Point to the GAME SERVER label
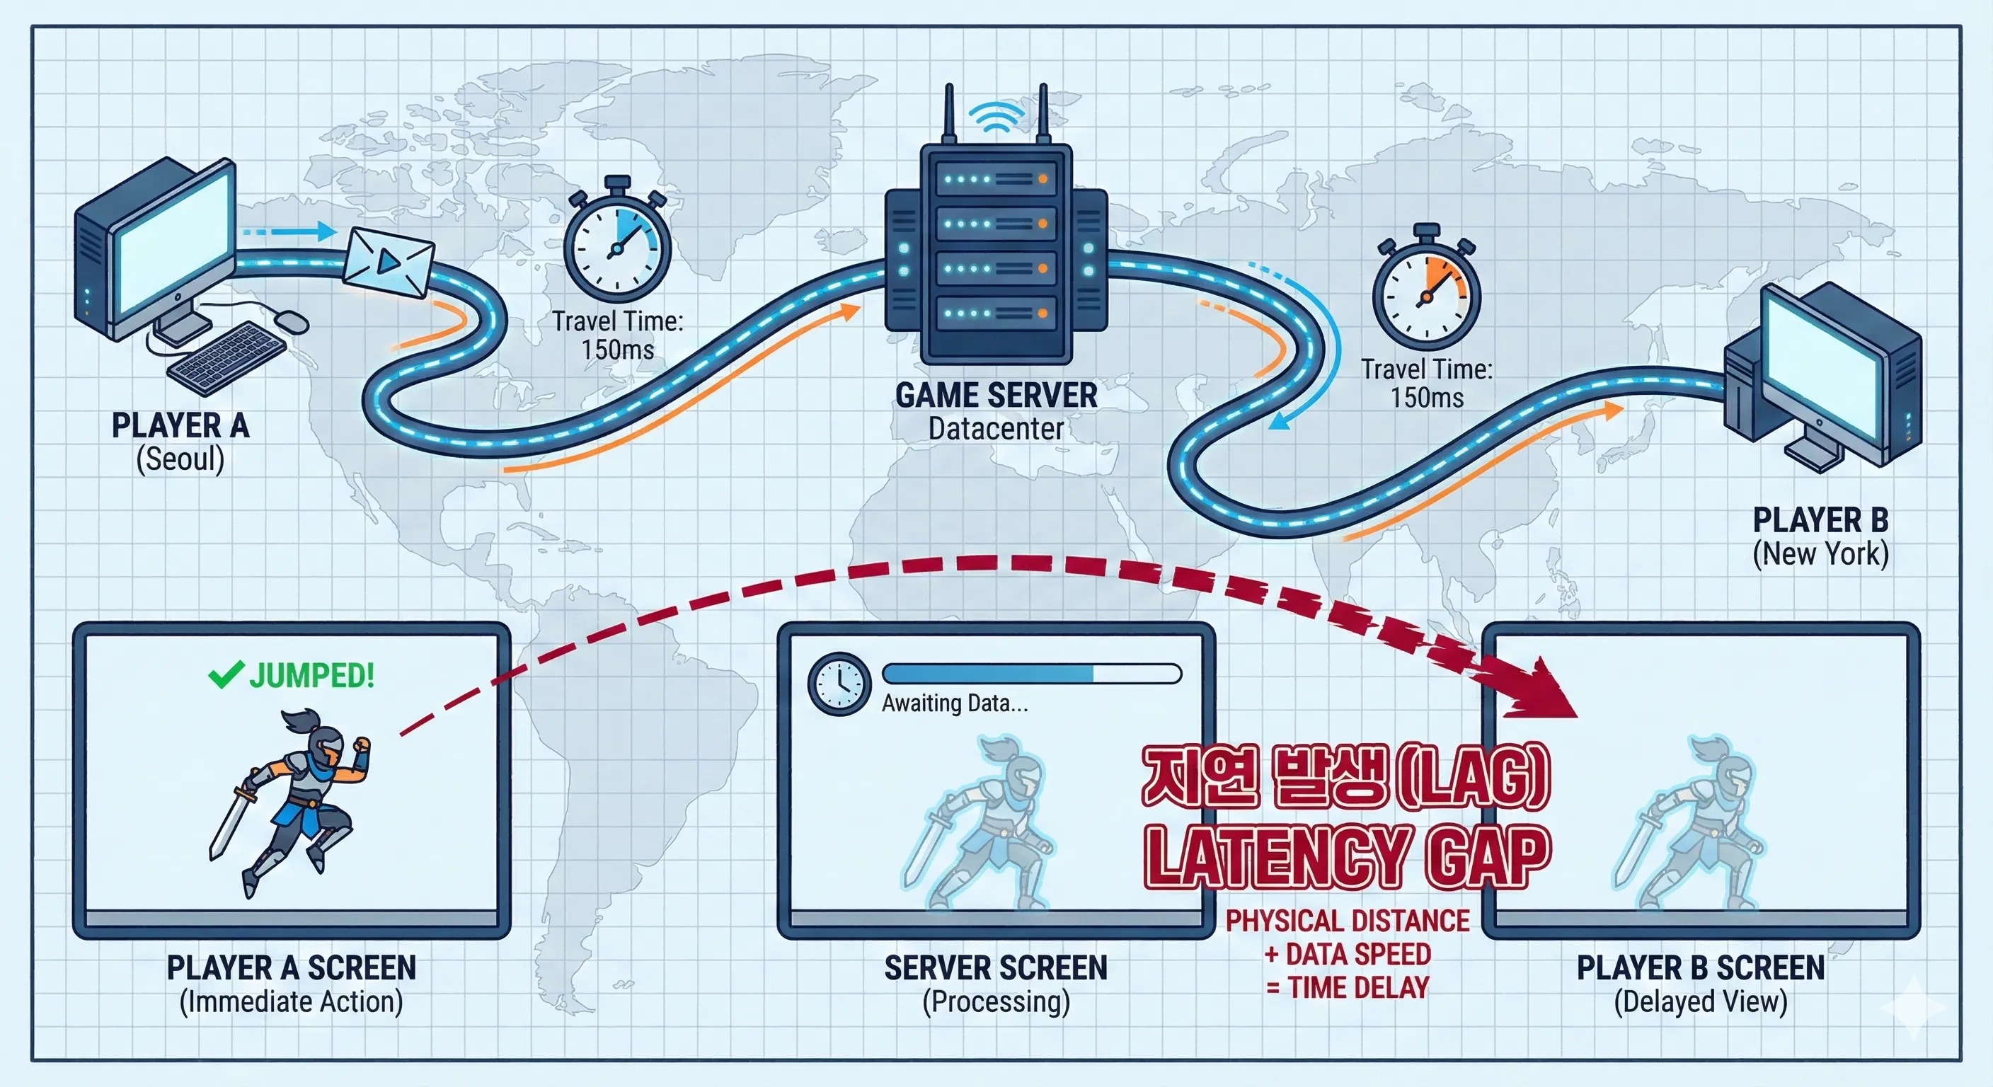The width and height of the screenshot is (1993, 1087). click(x=996, y=396)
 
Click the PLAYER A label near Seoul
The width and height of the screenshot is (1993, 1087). click(x=180, y=425)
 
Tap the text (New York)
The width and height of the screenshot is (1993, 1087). click(x=1820, y=554)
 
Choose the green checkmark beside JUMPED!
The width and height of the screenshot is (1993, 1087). click(x=226, y=674)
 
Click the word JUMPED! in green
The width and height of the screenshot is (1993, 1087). click(x=312, y=675)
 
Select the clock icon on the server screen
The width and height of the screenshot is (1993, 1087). click(x=839, y=684)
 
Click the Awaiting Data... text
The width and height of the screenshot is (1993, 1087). click(x=955, y=703)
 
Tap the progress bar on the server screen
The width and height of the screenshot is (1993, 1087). click(x=1032, y=673)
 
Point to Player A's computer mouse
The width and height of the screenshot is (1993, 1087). click(x=290, y=321)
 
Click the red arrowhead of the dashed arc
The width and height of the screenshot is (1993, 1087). click(x=1536, y=690)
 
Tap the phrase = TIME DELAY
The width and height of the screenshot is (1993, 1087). click(x=1347, y=988)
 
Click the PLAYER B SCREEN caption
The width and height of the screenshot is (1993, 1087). click(x=1701, y=968)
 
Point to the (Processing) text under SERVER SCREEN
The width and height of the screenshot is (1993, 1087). click(x=996, y=1002)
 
